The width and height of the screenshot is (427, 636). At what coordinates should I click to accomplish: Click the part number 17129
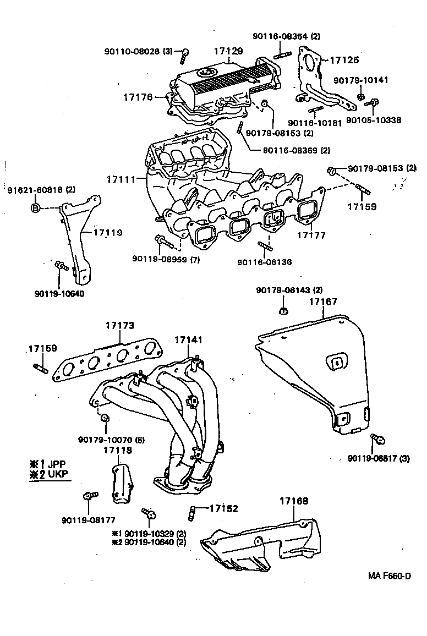click(x=228, y=51)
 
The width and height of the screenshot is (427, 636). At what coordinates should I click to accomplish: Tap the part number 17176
click(x=137, y=97)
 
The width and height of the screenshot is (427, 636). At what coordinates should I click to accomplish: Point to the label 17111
click(x=121, y=180)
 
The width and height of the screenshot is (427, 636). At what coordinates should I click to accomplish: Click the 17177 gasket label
click(x=311, y=235)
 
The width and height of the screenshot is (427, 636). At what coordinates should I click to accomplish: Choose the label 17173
click(x=119, y=326)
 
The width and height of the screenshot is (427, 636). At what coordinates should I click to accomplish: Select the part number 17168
click(x=293, y=501)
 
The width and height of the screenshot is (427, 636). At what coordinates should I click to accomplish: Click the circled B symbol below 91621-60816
click(x=35, y=207)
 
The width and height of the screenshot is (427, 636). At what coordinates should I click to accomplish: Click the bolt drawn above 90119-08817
click(x=377, y=439)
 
